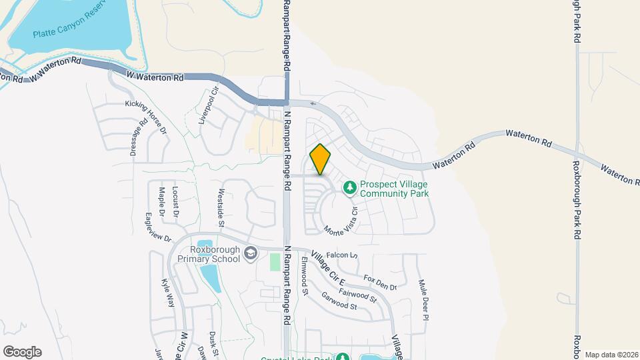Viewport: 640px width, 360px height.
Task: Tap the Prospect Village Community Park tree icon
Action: tap(349, 189)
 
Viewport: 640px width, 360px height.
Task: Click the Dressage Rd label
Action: tap(137, 138)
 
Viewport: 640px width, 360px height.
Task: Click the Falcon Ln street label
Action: tap(343, 255)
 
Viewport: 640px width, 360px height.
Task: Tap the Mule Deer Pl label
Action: tap(423, 299)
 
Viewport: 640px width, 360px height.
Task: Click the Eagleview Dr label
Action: tap(159, 228)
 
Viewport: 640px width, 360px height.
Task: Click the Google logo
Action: tap(22, 351)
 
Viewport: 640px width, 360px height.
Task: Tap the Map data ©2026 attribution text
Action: tap(611, 354)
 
